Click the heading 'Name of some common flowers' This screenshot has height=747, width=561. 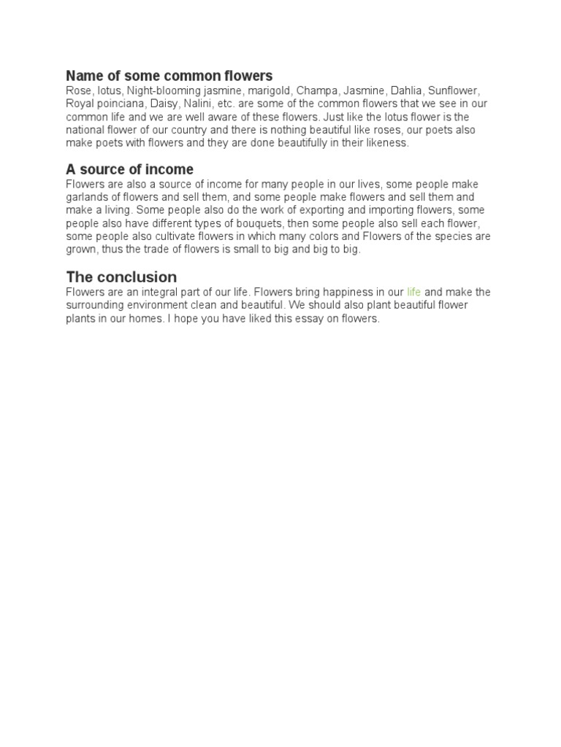[169, 76]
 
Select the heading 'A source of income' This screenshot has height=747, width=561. [129, 170]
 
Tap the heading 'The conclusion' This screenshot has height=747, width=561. [121, 277]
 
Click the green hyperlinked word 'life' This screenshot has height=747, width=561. [414, 293]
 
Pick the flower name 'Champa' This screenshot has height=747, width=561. [317, 90]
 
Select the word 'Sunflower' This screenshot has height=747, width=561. [453, 90]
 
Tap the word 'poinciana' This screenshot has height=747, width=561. [119, 104]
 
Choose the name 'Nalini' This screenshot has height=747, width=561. [198, 104]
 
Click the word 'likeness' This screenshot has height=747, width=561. [387, 143]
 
